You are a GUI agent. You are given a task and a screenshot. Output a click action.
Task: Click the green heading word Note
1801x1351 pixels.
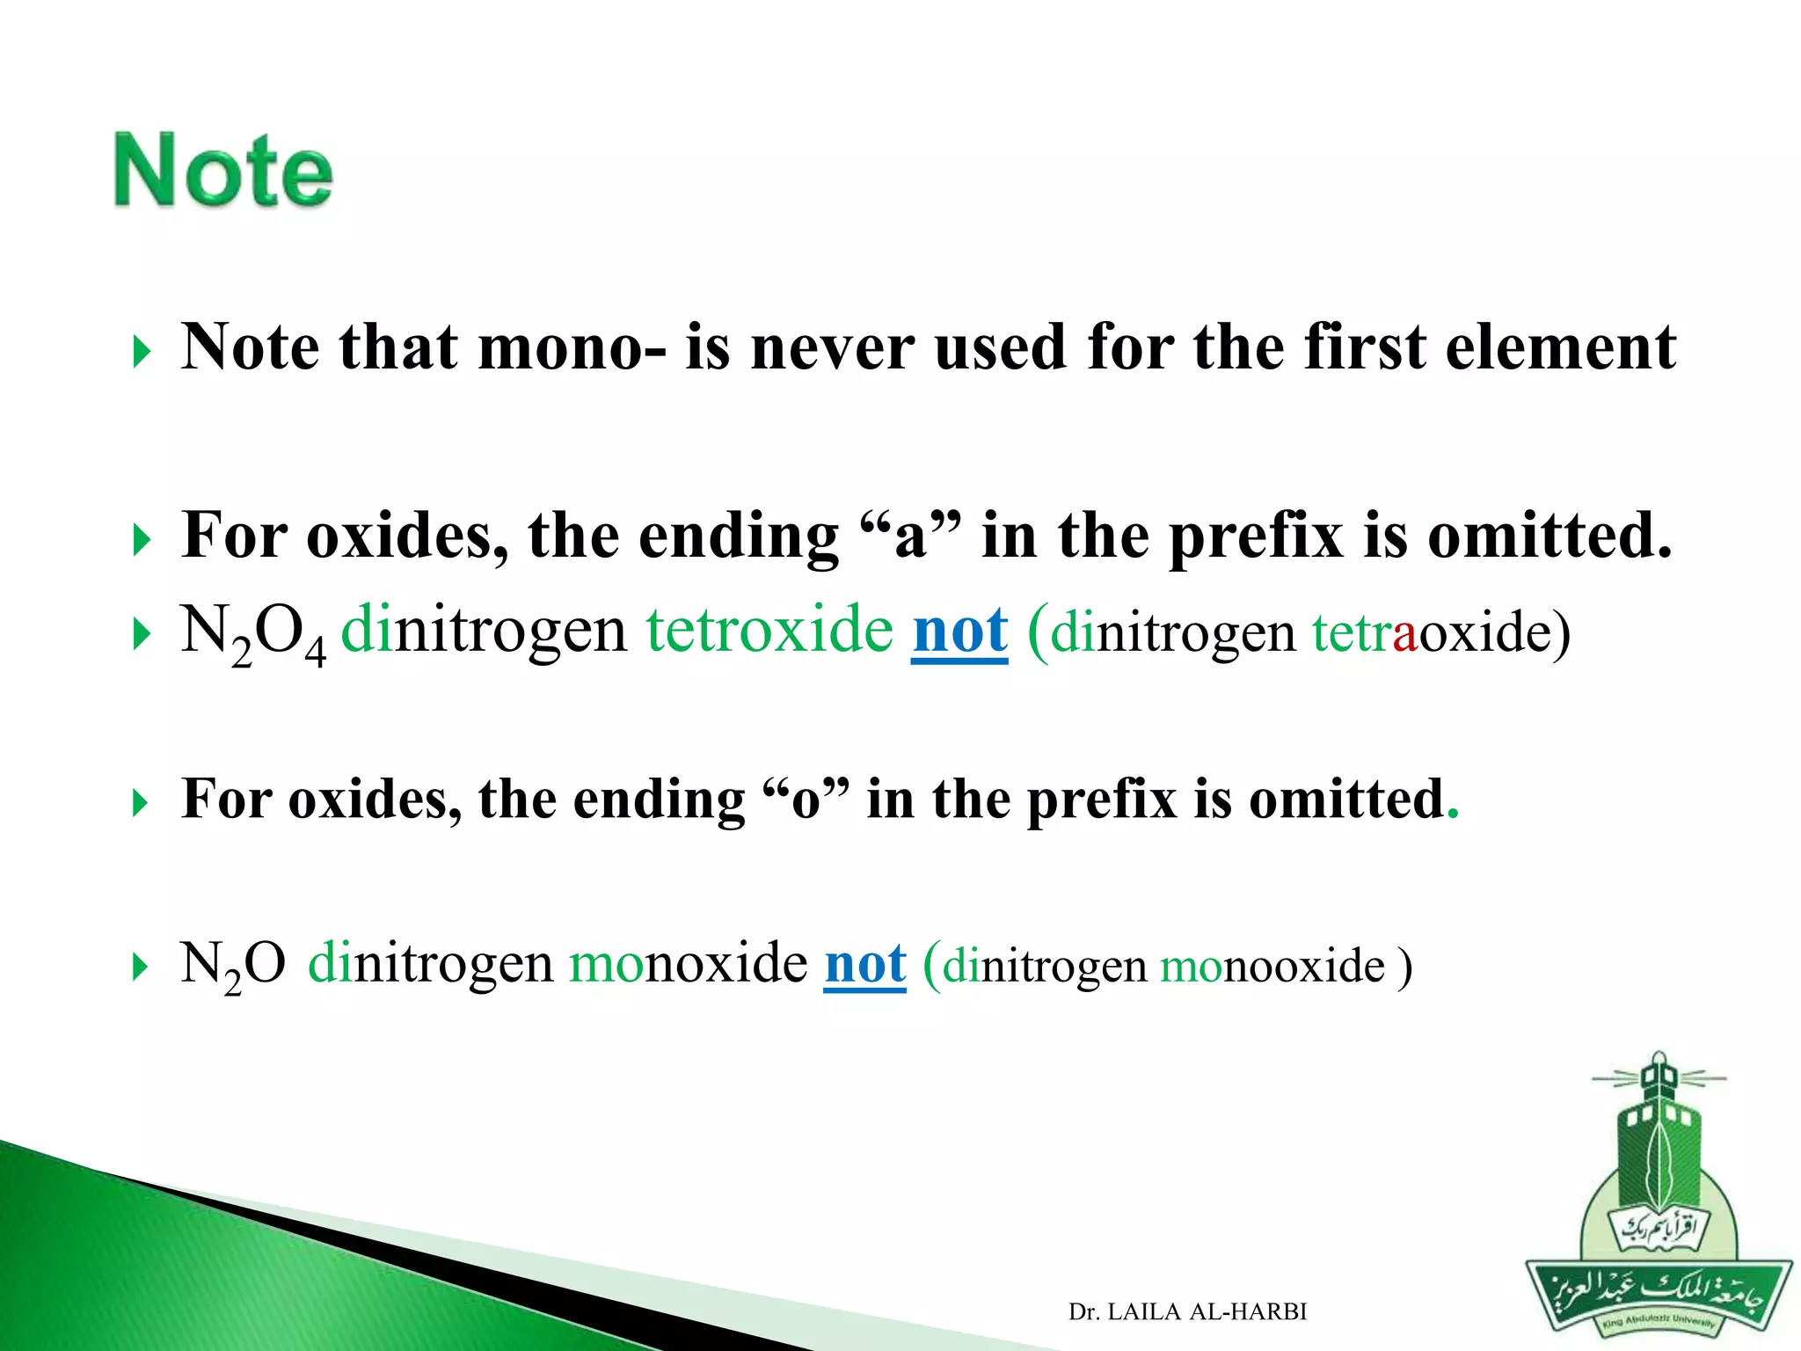click(x=223, y=171)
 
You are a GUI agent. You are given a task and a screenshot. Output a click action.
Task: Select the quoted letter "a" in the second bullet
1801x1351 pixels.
click(x=910, y=537)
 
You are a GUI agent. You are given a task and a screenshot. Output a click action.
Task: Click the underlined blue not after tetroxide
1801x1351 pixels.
click(x=959, y=632)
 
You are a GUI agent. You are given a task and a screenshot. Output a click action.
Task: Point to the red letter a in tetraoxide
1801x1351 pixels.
click(x=1405, y=633)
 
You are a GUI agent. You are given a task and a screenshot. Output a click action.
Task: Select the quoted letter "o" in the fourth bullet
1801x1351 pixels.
click(x=806, y=800)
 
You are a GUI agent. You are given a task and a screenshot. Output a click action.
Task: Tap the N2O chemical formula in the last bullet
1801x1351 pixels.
click(x=232, y=965)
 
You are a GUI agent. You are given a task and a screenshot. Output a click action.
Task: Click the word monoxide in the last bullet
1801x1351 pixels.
click(x=688, y=963)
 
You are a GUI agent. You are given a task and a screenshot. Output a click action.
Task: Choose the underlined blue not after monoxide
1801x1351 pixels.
click(x=864, y=965)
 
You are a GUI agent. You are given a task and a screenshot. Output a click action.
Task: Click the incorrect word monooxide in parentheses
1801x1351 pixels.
click(x=1272, y=967)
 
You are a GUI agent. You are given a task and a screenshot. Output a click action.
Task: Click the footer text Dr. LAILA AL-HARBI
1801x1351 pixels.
click(x=1187, y=1311)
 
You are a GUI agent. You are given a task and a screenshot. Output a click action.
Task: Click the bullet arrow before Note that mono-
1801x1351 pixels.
click(x=141, y=354)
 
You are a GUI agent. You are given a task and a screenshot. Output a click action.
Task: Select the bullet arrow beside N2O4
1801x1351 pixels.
click(x=141, y=634)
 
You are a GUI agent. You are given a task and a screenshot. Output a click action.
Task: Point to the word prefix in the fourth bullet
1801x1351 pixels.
click(x=1101, y=800)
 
